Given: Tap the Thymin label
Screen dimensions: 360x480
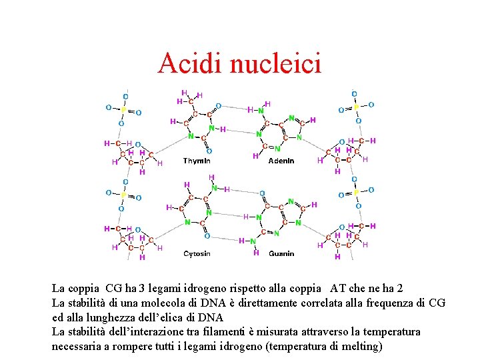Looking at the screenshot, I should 197,161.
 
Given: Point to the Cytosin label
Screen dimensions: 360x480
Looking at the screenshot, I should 197,253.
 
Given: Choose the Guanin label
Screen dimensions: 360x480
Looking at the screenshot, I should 281,253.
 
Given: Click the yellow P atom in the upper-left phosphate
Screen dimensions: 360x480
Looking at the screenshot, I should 123,109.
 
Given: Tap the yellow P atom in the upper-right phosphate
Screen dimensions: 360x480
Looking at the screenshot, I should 355,107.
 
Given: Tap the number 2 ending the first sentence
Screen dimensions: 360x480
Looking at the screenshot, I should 399,289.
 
